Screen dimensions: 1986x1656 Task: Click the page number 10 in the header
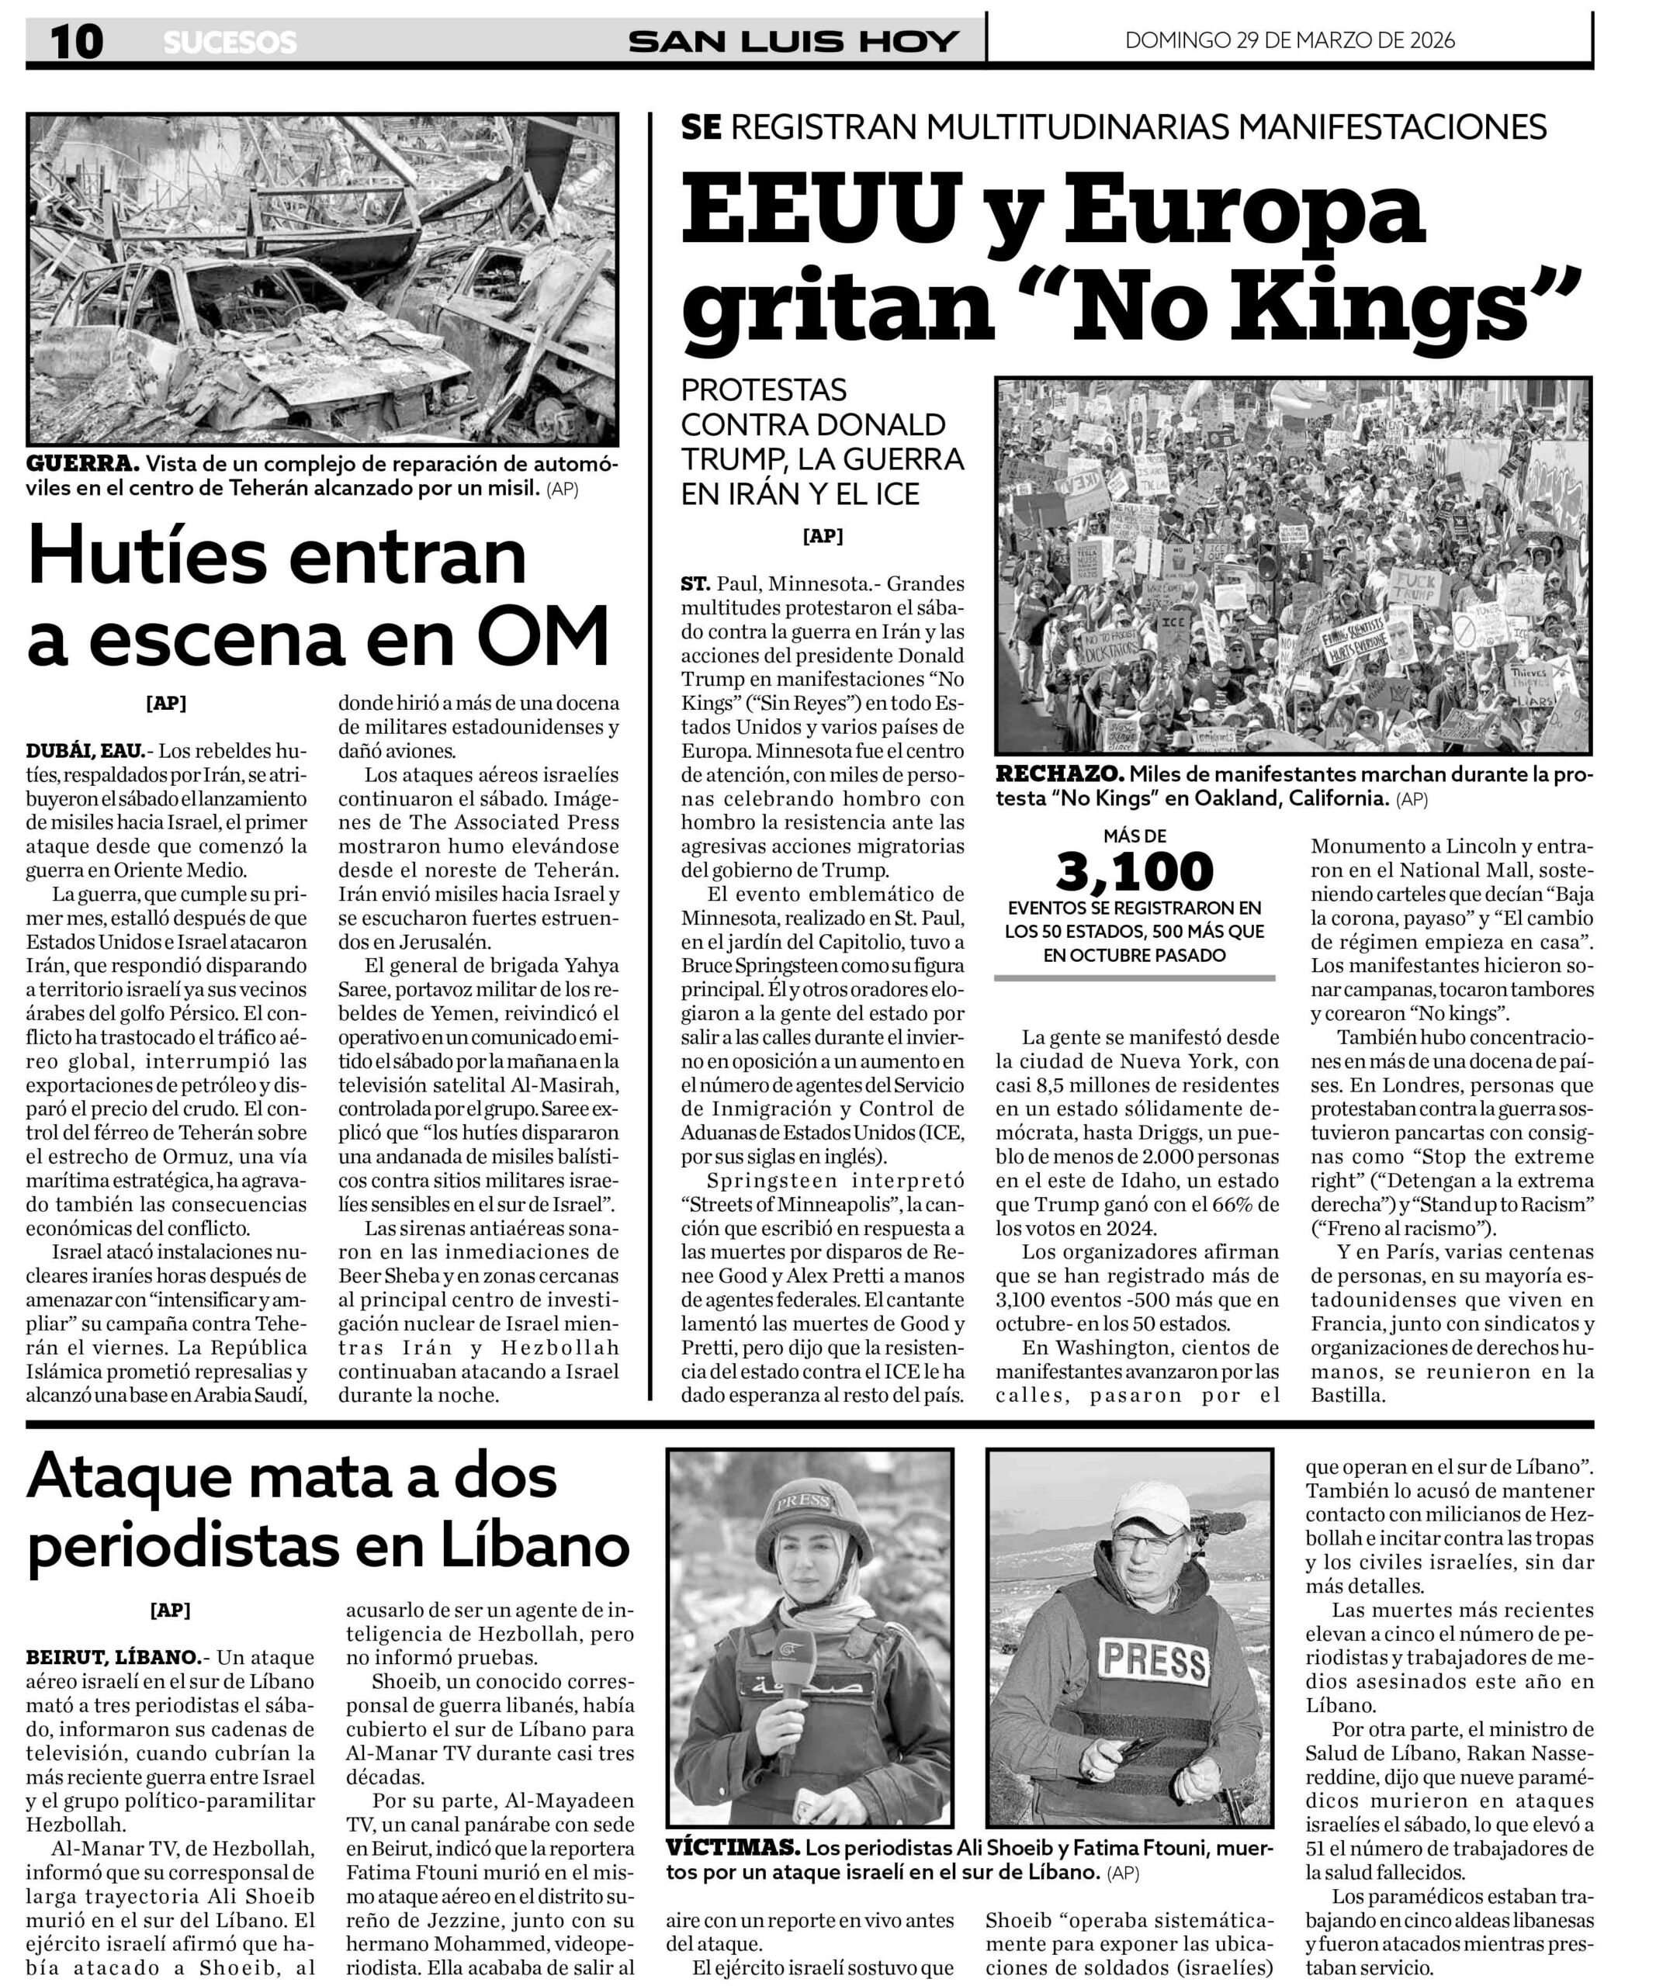click(75, 42)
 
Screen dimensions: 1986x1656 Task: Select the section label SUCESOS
click(230, 43)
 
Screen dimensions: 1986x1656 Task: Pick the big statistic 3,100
click(1134, 871)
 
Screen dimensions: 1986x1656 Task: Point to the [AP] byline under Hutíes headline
click(165, 703)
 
